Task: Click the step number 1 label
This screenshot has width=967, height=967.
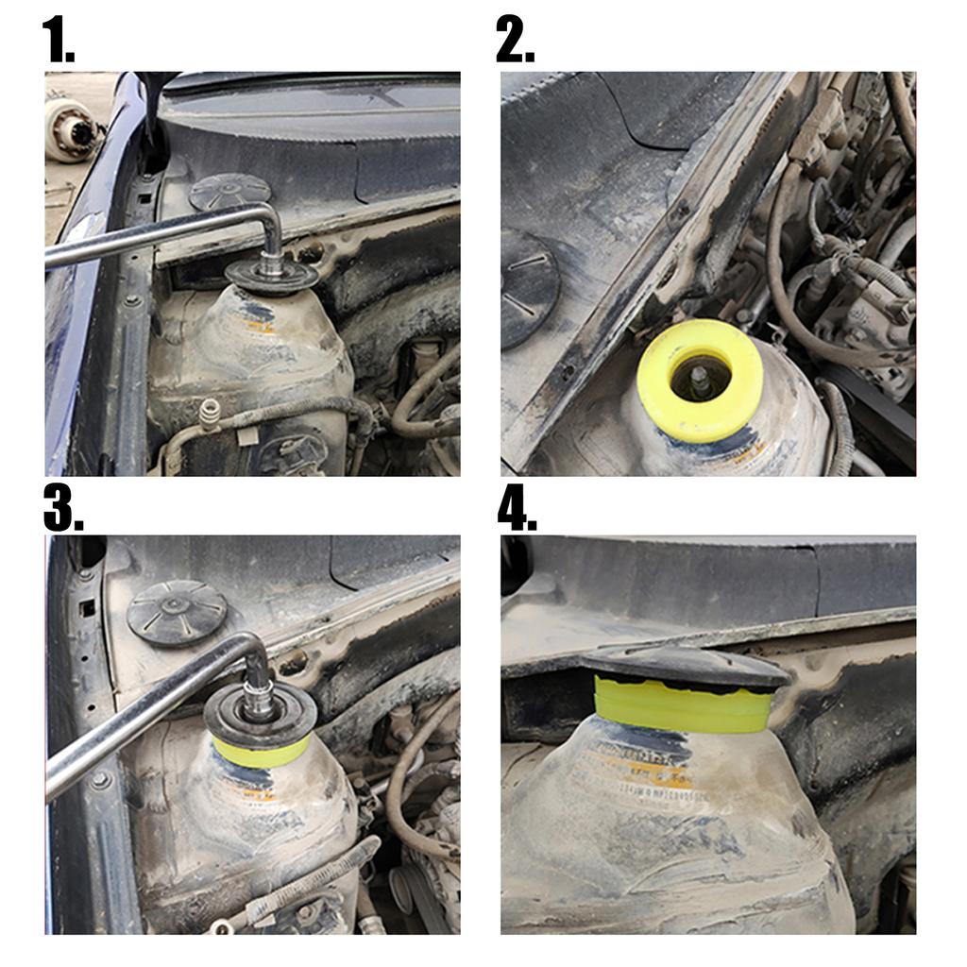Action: [58, 40]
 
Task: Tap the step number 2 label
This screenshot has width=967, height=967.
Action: [516, 40]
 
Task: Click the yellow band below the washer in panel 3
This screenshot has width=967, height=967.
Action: [259, 753]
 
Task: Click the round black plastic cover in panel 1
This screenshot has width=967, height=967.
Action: [229, 193]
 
